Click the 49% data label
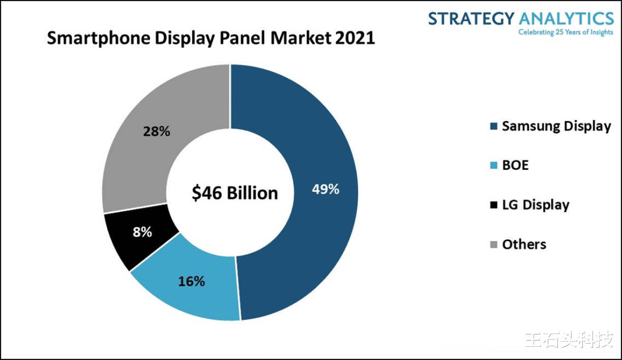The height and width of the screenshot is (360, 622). coord(325,189)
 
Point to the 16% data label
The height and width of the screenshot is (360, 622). coord(191,281)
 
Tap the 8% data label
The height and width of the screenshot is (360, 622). coord(142,232)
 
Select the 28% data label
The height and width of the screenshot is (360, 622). coord(156,131)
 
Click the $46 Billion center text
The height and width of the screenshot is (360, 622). coord(235,193)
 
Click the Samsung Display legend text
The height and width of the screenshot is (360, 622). coord(556,126)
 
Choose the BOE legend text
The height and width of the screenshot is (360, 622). coord(515,165)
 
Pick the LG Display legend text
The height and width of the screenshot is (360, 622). coord(536,205)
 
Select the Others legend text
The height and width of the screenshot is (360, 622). coord(524,244)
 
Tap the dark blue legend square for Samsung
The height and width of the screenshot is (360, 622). coord(492,127)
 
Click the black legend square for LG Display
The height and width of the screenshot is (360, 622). coord(492,205)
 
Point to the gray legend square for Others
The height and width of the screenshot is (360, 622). coord(492,245)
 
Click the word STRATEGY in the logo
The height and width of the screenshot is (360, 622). coord(471,19)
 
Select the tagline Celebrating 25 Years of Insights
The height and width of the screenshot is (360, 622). coord(566,33)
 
